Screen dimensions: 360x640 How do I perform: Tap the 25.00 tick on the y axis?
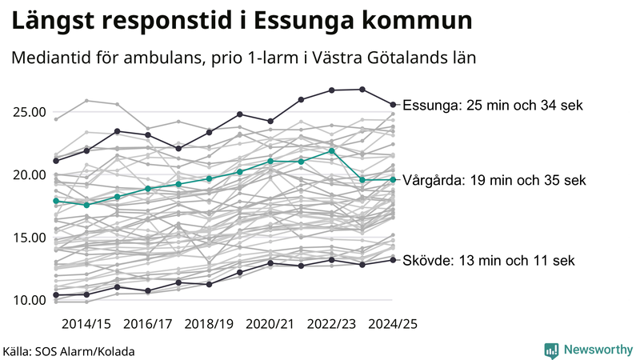28,112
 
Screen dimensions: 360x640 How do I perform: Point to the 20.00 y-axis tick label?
28,175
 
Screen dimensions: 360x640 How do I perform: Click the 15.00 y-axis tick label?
28,238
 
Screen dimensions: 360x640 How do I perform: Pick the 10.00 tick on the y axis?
28,300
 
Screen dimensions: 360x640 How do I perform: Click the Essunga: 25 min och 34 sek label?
493,106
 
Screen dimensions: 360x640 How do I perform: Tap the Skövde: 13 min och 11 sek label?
488,261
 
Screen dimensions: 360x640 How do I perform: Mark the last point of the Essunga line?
393,104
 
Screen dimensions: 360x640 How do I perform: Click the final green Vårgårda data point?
393,179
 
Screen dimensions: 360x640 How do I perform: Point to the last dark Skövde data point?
393,259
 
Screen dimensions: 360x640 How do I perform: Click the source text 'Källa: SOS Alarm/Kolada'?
69,351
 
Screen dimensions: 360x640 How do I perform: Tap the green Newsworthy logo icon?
550,350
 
